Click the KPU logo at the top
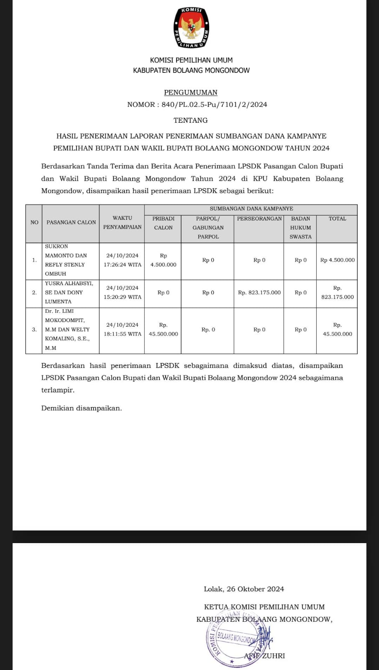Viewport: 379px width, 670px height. coord(191,28)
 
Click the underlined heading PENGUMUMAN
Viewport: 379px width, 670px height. coord(191,93)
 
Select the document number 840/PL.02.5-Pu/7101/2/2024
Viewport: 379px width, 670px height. coord(214,105)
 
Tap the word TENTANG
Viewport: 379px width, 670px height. coord(191,121)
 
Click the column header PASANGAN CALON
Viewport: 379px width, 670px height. coord(71,222)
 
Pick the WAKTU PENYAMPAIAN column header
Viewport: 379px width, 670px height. coord(122,222)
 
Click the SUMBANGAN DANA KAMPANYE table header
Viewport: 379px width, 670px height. coord(251,209)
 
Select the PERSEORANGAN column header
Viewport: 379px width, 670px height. coord(259,219)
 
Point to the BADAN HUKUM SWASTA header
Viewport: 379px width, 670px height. coord(300,227)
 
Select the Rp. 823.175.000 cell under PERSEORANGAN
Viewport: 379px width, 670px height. coord(259,293)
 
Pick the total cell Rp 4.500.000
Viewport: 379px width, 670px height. coord(337,260)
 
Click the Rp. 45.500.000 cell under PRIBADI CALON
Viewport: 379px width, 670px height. coord(163,330)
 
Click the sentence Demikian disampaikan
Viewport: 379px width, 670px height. coord(82,408)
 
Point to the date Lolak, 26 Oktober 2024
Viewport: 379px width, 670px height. coord(243,589)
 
